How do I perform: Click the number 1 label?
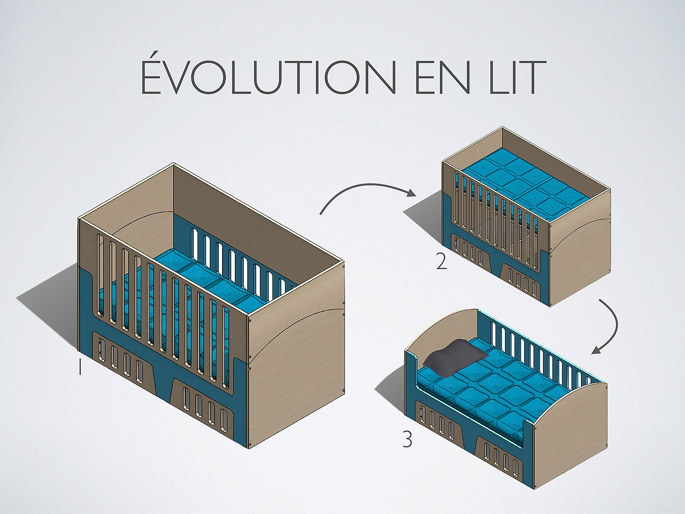point(80,367)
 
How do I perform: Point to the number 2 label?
point(441,262)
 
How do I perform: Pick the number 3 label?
point(407,440)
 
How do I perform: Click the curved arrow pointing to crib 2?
point(367,193)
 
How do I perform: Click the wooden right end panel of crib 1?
point(296,352)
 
